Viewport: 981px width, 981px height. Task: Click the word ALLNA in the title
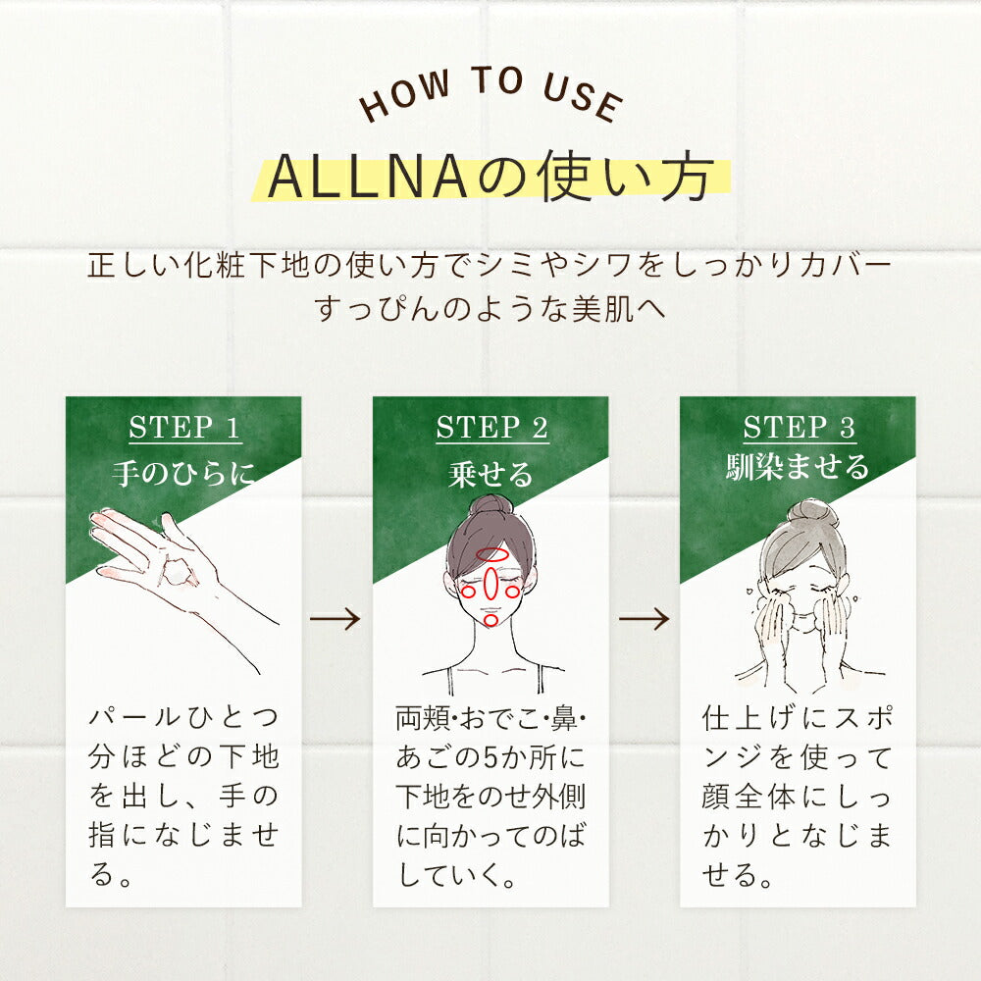368,177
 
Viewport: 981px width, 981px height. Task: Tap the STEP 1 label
184,428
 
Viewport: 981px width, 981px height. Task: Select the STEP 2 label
491,428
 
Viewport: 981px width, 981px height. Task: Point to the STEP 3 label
799,428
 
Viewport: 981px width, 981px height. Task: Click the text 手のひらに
184,473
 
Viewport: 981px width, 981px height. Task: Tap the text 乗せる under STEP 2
491,474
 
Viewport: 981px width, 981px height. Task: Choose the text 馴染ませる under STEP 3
798,467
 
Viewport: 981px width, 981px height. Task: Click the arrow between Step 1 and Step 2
335,619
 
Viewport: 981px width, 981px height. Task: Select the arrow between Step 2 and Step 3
644,619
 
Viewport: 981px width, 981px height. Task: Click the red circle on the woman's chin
491,620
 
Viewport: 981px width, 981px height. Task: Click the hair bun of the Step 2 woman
491,506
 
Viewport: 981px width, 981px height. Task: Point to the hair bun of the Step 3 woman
812,513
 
